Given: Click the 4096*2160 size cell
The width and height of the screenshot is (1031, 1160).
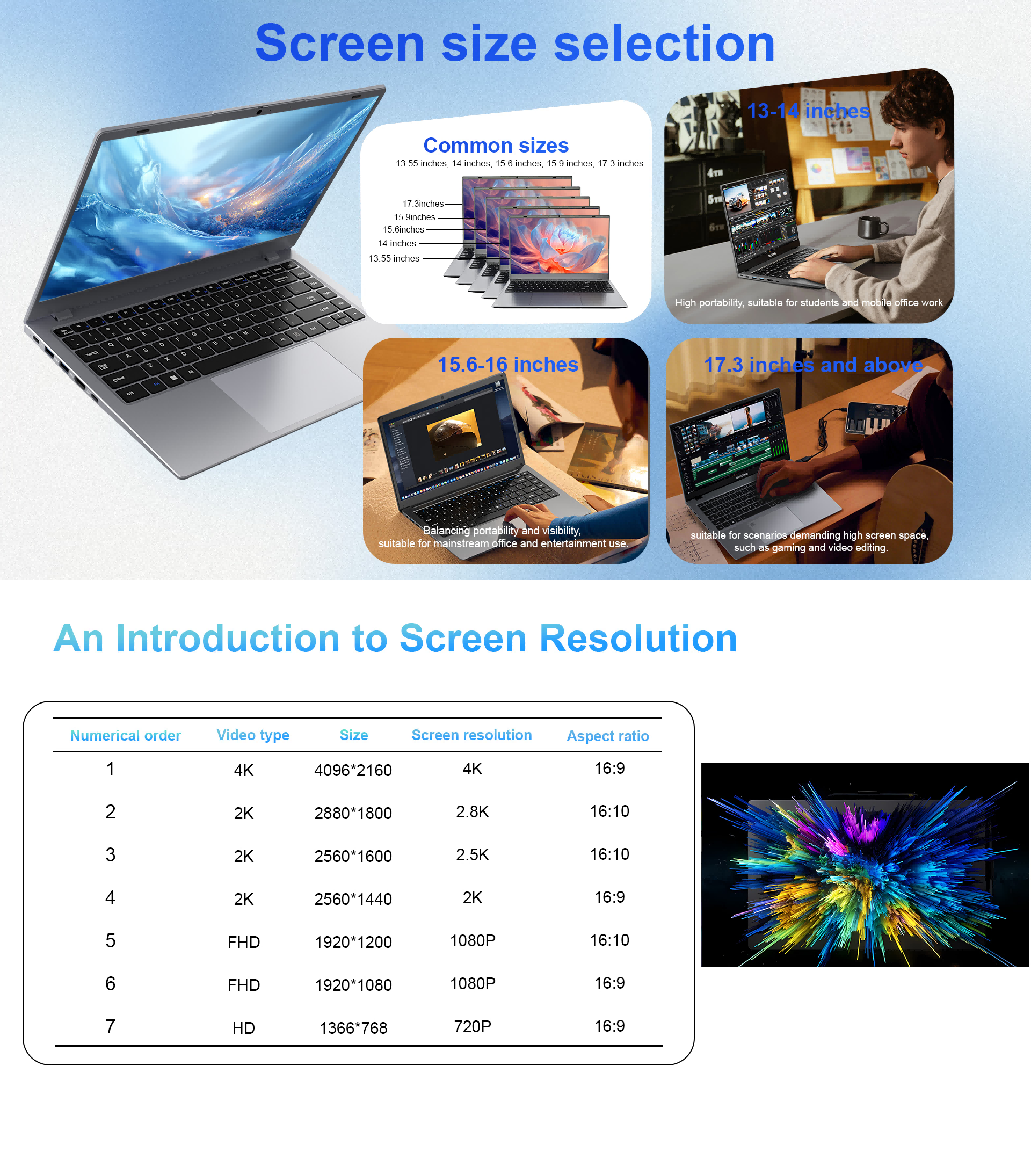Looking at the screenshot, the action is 353,770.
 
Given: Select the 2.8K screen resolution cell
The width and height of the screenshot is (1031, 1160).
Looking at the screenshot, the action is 472,811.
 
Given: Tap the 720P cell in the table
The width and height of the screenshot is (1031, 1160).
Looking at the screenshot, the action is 472,1026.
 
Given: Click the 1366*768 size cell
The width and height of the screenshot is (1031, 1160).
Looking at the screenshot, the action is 353,1028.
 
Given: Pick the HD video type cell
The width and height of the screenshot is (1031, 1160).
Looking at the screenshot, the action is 243,1028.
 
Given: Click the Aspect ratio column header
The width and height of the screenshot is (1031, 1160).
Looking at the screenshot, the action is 608,736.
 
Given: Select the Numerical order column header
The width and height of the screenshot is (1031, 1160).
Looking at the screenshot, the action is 126,736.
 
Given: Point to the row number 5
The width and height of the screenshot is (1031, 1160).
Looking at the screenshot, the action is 110,940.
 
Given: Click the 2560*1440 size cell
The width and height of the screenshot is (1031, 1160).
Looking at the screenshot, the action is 353,899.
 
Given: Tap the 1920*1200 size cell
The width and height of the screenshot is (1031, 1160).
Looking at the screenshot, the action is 353,942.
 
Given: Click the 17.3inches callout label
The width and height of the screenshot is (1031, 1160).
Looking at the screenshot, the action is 423,204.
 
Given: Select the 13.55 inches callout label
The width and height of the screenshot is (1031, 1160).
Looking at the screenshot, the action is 394,258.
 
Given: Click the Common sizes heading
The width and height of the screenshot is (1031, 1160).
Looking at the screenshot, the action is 496,146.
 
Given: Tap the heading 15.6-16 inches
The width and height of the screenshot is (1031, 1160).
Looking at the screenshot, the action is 508,364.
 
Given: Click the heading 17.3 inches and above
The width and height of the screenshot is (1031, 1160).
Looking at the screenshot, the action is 813,365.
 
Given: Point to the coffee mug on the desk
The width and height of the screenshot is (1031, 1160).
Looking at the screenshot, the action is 872,227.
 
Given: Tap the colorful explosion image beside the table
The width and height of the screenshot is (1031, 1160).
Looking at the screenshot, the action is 865,864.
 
